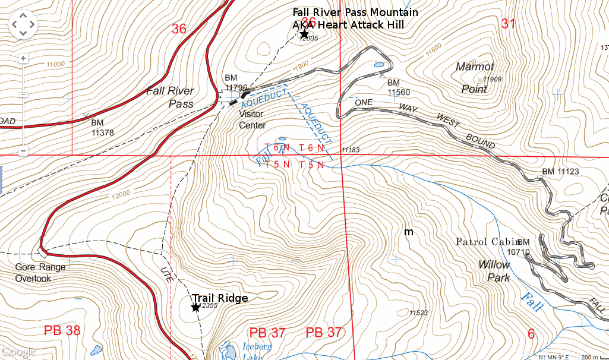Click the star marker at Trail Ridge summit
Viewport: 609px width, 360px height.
pos(195,307)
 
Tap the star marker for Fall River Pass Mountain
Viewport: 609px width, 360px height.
pos(304,34)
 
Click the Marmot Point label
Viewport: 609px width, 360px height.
pos(475,78)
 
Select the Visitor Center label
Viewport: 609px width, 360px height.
pos(252,119)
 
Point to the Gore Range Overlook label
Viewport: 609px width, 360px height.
pos(40,273)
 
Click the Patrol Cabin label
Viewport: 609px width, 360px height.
pos(485,242)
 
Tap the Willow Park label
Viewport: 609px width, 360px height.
pos(494,271)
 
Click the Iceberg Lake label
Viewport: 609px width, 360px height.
pos(257,351)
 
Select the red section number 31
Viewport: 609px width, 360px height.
pos(509,24)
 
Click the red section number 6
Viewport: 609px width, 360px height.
pos(531,334)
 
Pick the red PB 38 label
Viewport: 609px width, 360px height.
pos(62,331)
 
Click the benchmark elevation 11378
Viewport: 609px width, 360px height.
pos(102,132)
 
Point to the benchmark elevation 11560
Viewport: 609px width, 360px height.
pos(399,93)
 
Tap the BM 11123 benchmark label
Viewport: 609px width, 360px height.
pos(560,172)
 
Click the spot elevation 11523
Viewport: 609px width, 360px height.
pos(419,312)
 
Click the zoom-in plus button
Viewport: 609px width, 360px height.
pos(23,58)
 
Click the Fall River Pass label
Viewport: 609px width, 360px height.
pos(171,97)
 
